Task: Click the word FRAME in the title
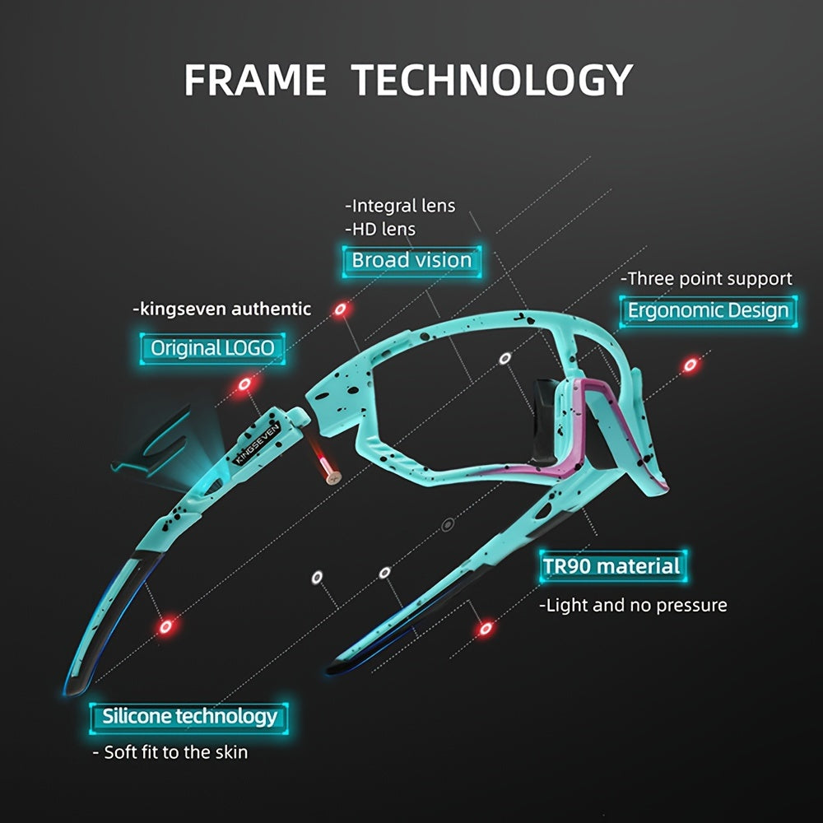(x=254, y=80)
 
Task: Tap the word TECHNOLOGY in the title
(x=493, y=80)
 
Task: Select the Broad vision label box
(x=411, y=260)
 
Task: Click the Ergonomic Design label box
(x=708, y=310)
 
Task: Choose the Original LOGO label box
(x=212, y=347)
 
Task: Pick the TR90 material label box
(x=611, y=566)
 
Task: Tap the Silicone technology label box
(x=189, y=716)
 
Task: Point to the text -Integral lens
(x=400, y=205)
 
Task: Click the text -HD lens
(x=380, y=229)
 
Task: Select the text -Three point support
(x=706, y=279)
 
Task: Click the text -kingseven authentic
(x=222, y=309)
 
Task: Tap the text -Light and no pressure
(x=633, y=606)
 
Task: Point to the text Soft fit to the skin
(x=175, y=752)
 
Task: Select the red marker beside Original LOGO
(x=244, y=384)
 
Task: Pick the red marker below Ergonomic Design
(x=690, y=365)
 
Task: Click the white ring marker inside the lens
(x=505, y=358)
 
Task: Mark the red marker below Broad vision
(x=340, y=309)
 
